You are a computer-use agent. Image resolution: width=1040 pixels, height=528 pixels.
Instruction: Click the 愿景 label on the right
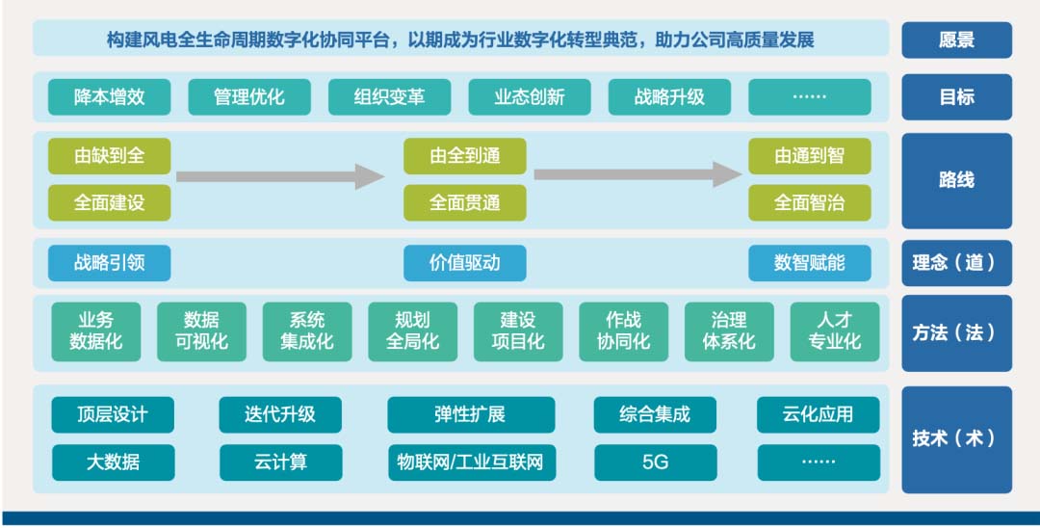click(x=956, y=40)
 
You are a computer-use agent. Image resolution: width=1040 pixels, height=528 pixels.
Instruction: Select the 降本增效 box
click(x=110, y=97)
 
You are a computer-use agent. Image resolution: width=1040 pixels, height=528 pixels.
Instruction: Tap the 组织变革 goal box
click(x=389, y=97)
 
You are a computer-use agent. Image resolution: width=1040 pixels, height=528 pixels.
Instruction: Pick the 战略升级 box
click(x=669, y=97)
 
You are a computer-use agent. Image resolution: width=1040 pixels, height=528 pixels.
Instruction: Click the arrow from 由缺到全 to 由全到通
click(x=280, y=176)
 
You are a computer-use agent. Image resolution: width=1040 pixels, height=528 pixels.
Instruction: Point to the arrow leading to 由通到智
click(x=638, y=174)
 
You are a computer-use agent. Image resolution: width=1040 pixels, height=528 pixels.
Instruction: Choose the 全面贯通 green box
click(x=465, y=203)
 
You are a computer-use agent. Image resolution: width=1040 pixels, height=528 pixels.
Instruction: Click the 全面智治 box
click(x=810, y=203)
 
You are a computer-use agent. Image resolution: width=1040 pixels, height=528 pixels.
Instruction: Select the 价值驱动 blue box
click(x=465, y=263)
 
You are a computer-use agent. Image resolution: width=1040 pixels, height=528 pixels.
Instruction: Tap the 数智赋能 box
click(x=810, y=263)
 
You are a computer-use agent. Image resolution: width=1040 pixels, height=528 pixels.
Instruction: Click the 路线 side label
click(x=956, y=180)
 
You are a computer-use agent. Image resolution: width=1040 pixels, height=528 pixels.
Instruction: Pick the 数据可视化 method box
click(x=201, y=331)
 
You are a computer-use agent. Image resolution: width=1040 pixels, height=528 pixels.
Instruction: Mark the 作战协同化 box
click(x=623, y=331)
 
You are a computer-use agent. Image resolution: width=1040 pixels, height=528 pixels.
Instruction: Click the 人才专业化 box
click(x=834, y=331)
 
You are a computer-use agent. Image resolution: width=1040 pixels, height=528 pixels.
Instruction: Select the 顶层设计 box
click(x=113, y=414)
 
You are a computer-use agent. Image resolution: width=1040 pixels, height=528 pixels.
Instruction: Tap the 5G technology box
click(x=656, y=462)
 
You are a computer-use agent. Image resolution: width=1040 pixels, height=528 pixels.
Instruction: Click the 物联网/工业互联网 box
click(x=472, y=462)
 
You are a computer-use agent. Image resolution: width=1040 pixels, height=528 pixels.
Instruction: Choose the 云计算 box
click(x=281, y=462)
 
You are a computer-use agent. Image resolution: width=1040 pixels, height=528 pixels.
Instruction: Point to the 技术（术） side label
click(x=956, y=439)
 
